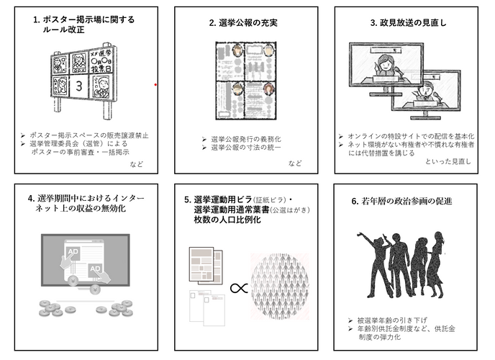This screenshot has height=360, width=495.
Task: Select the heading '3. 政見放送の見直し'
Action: coord(408,23)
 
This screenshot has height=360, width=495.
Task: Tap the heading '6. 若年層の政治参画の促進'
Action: coord(407,202)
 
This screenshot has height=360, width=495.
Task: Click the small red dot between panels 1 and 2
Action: coord(156,84)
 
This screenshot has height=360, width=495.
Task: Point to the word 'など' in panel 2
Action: coord(295,163)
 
